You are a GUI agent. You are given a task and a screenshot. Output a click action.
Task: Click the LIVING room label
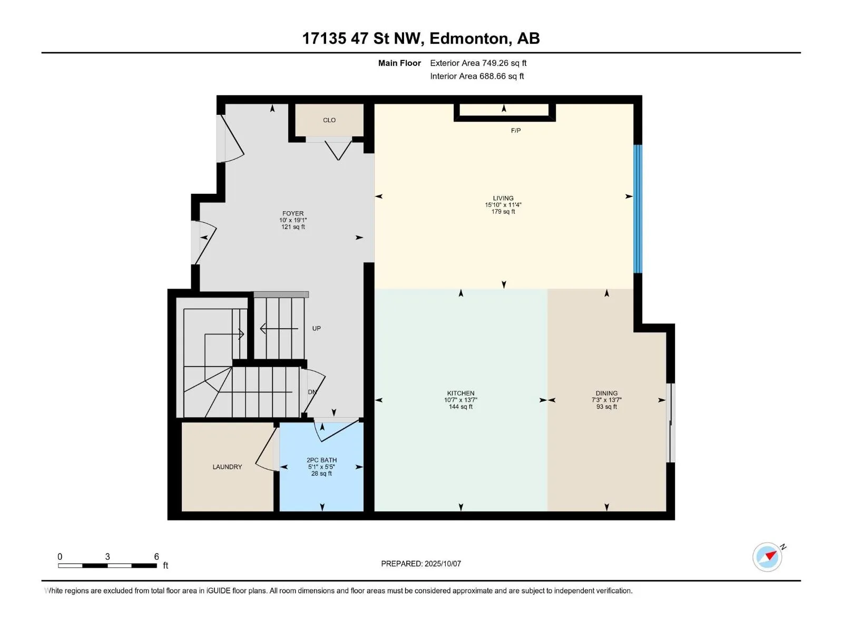pyautogui.click(x=503, y=198)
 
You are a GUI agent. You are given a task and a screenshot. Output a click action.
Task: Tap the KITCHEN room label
pyautogui.click(x=460, y=393)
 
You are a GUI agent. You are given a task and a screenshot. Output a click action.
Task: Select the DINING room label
pyautogui.click(x=606, y=393)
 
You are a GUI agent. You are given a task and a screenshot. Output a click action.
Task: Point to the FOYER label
pyautogui.click(x=292, y=213)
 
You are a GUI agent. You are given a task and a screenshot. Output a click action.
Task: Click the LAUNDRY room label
pyautogui.click(x=227, y=467)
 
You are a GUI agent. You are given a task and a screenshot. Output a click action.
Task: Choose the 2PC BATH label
pyautogui.click(x=321, y=460)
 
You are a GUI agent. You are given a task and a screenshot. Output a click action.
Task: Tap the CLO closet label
pyautogui.click(x=329, y=120)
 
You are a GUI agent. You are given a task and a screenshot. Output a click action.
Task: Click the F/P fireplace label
pyautogui.click(x=516, y=131)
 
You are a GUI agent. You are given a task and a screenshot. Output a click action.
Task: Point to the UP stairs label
pyautogui.click(x=316, y=328)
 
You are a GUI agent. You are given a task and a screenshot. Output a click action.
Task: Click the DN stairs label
pyautogui.click(x=312, y=392)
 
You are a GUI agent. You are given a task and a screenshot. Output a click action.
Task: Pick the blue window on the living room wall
pyautogui.click(x=638, y=209)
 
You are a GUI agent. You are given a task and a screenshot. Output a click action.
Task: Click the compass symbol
pyautogui.click(x=767, y=557)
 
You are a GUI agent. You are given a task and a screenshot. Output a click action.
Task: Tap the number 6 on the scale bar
pyautogui.click(x=156, y=556)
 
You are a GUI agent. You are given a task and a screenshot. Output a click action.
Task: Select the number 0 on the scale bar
pyautogui.click(x=60, y=556)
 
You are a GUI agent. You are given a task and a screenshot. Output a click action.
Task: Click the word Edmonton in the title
pyautogui.click(x=468, y=38)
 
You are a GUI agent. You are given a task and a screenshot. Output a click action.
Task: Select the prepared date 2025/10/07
pyautogui.click(x=443, y=564)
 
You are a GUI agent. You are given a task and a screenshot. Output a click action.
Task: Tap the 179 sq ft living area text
pyautogui.click(x=503, y=211)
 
